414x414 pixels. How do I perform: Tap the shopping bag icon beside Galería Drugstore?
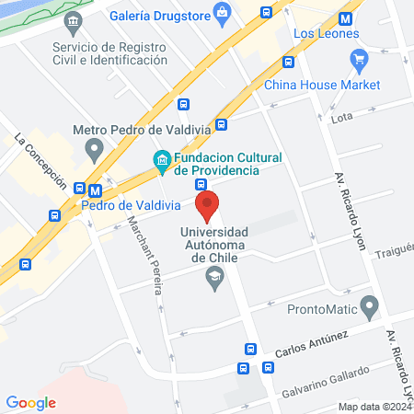pos(222,13)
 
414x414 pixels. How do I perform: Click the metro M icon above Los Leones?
pos(345,18)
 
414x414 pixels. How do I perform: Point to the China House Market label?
pos(322,86)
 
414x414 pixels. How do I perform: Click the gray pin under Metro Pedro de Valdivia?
pos(93,148)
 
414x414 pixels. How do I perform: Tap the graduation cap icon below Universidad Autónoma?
pos(215,277)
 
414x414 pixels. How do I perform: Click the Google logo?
pos(31,402)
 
